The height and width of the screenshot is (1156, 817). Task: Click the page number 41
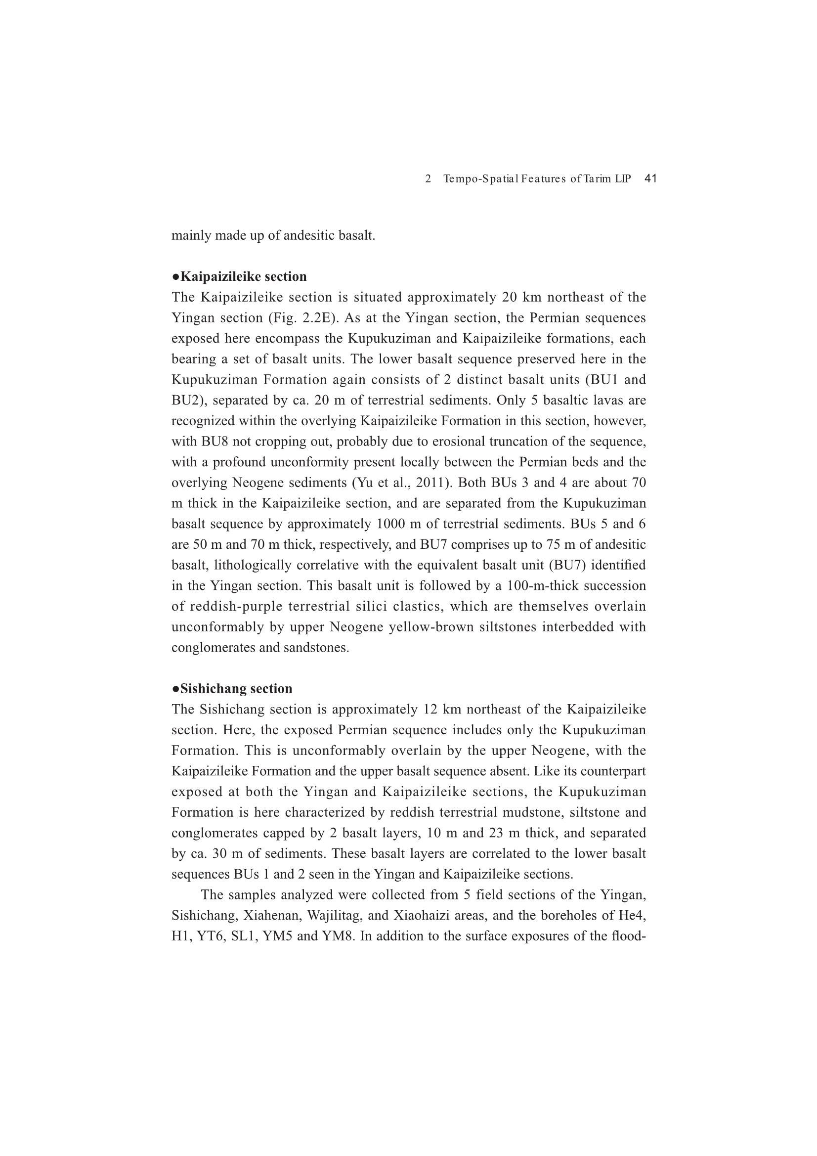coord(650,178)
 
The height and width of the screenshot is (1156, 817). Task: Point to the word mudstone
coord(510,812)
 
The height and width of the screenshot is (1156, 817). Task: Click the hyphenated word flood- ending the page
coord(630,935)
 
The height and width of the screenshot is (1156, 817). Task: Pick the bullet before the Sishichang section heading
coord(175,689)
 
